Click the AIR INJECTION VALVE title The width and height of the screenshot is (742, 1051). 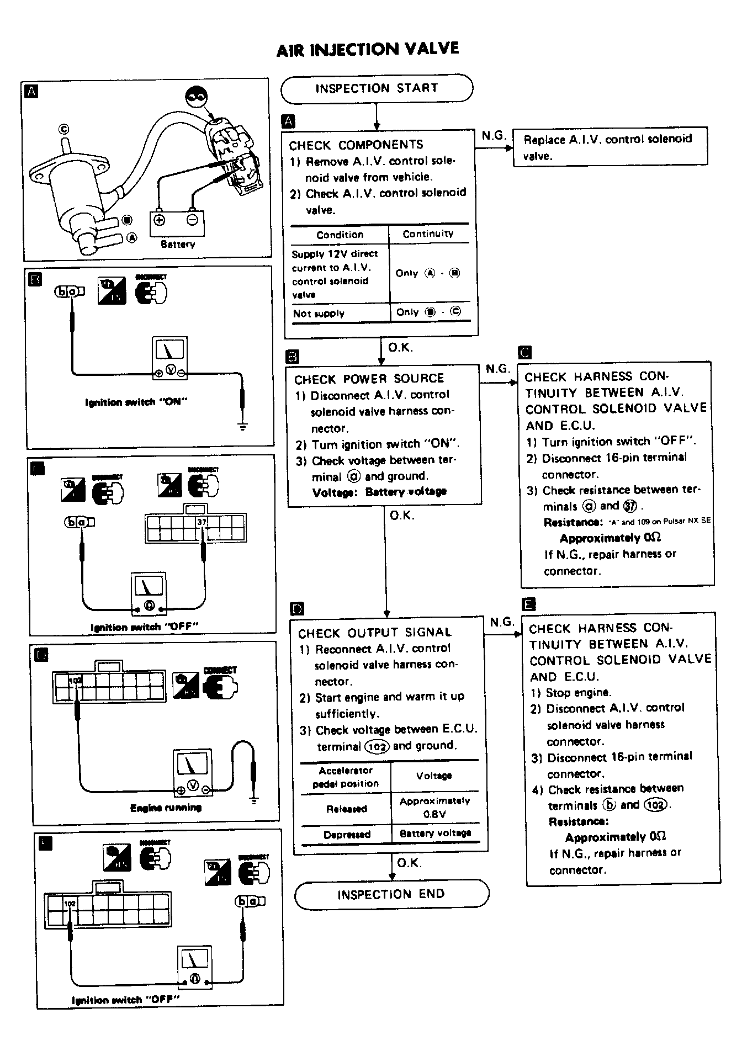[x=368, y=50]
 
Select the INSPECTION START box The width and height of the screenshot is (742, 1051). [x=377, y=89]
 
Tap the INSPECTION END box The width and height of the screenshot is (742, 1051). [x=391, y=894]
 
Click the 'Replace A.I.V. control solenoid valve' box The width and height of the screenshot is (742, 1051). [x=609, y=147]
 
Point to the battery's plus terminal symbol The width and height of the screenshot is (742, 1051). [x=159, y=220]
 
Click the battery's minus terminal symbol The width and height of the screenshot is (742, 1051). [x=192, y=220]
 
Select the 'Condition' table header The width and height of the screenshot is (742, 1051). [x=340, y=235]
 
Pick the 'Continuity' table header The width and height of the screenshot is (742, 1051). [x=428, y=234]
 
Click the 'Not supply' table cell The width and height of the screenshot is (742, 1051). [x=319, y=314]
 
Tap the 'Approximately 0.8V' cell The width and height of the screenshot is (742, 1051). [x=434, y=807]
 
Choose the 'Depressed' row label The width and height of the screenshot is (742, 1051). [x=347, y=834]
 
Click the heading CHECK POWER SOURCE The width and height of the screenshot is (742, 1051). [x=369, y=379]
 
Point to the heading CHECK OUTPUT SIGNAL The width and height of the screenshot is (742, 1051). [x=375, y=633]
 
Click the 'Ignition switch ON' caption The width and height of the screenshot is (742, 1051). [x=136, y=402]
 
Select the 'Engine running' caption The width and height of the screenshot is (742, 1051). [x=166, y=808]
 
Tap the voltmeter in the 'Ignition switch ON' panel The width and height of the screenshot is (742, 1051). [x=170, y=358]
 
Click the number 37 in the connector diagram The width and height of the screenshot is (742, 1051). [x=202, y=522]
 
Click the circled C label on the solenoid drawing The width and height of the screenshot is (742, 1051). [x=64, y=130]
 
